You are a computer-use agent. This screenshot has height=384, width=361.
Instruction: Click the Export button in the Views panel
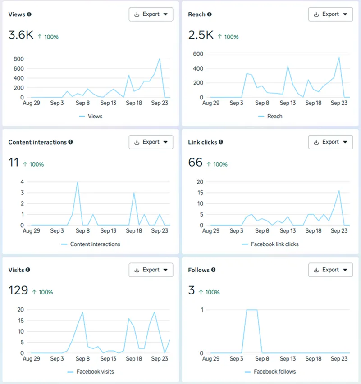(x=151, y=14)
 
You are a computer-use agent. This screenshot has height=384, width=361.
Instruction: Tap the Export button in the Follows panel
(x=330, y=270)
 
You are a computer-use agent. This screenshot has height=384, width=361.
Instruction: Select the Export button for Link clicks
(x=330, y=142)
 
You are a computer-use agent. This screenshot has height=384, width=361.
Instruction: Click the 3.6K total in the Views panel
(x=21, y=35)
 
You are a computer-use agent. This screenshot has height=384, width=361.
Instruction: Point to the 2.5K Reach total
(x=201, y=35)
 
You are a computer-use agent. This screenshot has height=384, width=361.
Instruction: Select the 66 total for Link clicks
(x=195, y=163)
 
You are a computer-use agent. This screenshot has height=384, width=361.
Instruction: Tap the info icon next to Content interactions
(x=70, y=142)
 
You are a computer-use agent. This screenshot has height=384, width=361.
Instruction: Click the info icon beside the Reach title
(x=209, y=14)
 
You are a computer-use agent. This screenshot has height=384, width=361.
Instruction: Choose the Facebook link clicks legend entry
(x=274, y=244)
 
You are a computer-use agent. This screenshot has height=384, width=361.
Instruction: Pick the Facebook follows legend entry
(x=274, y=372)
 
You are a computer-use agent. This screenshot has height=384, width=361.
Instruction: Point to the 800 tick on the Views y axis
(x=18, y=59)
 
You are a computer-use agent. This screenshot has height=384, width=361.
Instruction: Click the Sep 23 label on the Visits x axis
(x=160, y=359)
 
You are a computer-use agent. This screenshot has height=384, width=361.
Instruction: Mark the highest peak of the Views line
(x=160, y=59)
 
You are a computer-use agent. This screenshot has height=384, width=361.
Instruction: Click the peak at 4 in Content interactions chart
(x=78, y=182)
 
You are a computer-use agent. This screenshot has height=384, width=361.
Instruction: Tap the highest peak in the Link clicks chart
(x=339, y=191)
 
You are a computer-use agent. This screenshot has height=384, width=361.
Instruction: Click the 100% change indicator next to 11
(x=33, y=164)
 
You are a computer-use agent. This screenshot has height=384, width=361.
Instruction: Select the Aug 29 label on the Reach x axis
(x=210, y=103)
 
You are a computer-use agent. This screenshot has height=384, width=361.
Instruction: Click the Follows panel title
(x=199, y=270)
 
